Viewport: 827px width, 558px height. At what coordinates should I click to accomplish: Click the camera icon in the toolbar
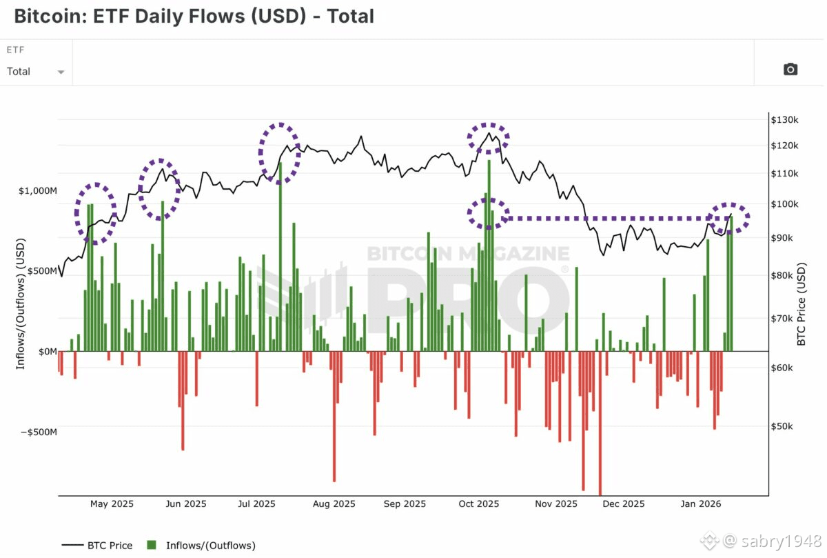click(x=790, y=69)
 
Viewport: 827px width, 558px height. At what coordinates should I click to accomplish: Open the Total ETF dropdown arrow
click(x=61, y=72)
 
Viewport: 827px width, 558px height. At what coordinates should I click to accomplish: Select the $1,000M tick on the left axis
click(x=37, y=190)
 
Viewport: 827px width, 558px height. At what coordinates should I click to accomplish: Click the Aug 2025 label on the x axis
click(x=334, y=504)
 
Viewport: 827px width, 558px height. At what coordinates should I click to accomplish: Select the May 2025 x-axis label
click(x=112, y=504)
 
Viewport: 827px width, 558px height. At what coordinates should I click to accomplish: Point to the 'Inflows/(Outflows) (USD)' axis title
click(x=21, y=304)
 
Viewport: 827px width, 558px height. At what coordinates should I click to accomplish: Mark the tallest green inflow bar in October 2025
click(x=489, y=255)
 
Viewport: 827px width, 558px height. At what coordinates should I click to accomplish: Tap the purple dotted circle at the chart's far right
click(x=730, y=219)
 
